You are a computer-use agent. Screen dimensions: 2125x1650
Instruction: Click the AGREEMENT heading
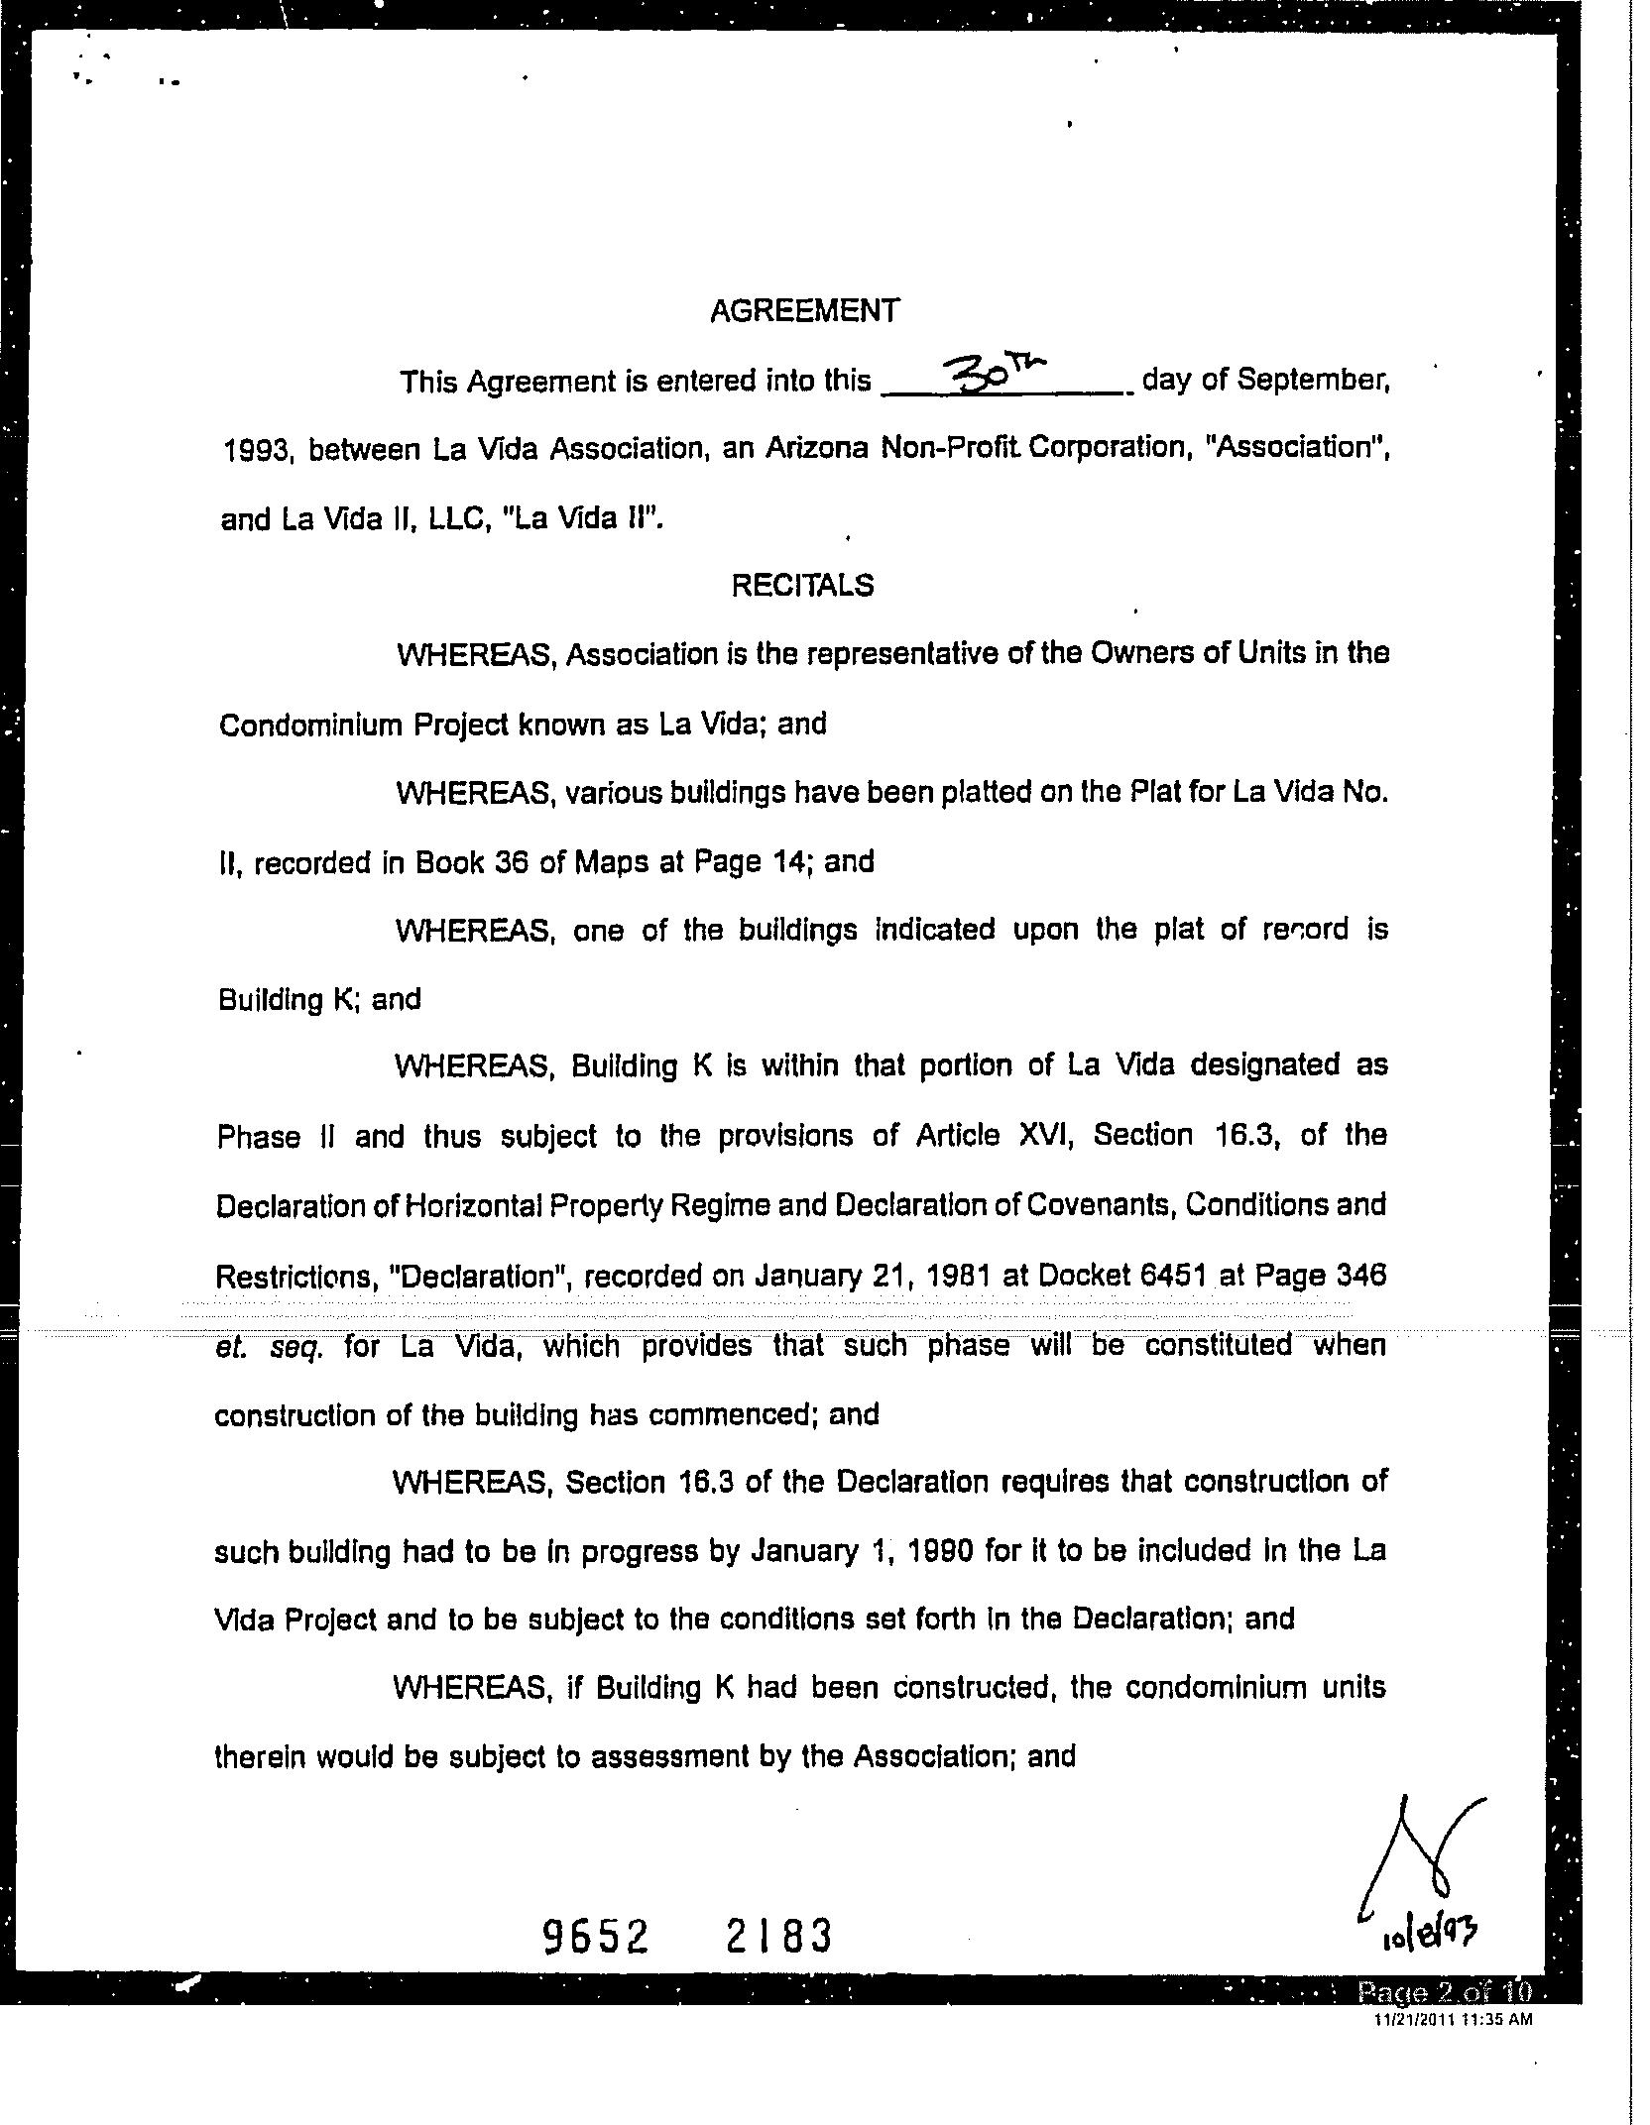tap(804, 311)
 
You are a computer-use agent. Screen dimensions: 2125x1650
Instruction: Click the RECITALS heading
tap(802, 586)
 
